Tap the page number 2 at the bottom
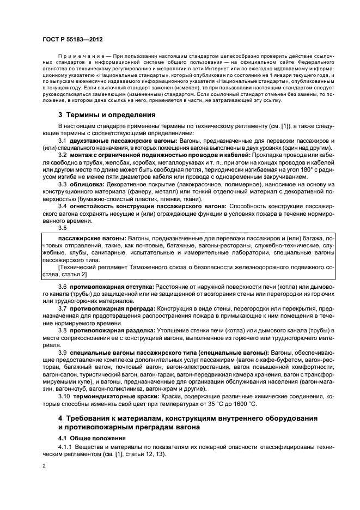click(x=45, y=466)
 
